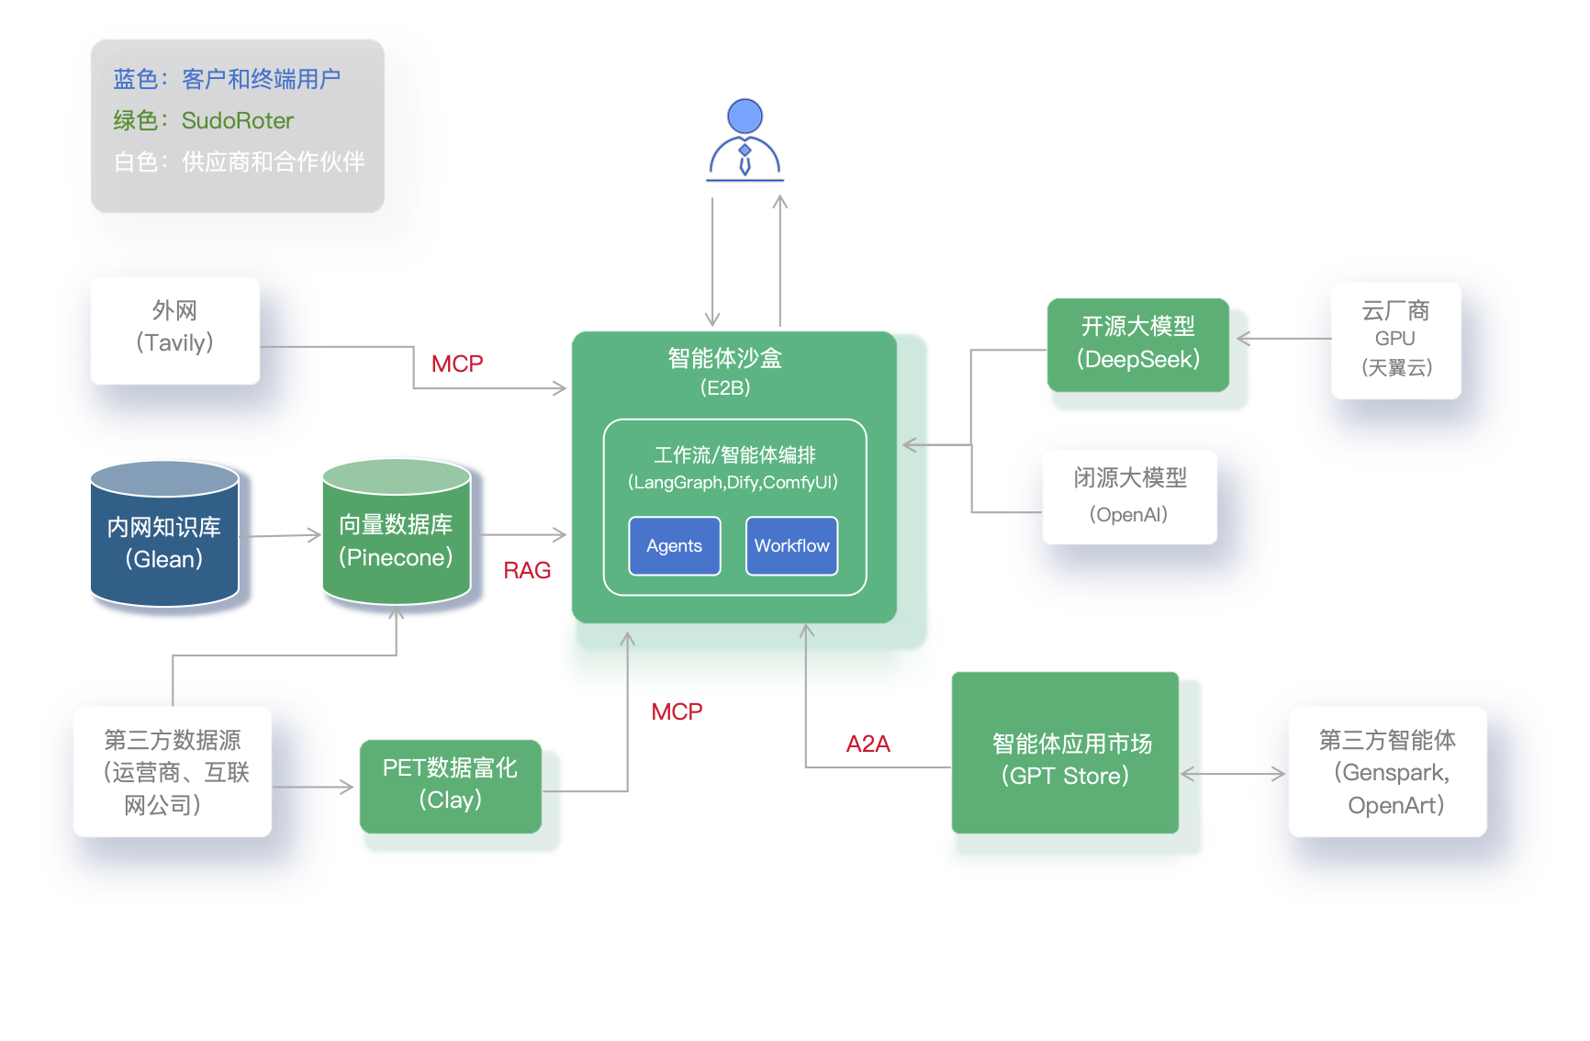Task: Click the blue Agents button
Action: click(x=674, y=546)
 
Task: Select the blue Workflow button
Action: click(x=791, y=546)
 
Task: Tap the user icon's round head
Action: click(x=745, y=117)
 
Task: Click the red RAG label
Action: click(x=527, y=571)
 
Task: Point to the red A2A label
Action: click(x=868, y=744)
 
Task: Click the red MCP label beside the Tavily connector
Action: click(x=457, y=364)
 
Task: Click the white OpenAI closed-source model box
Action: click(x=1129, y=497)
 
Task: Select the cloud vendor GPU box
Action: click(x=1395, y=341)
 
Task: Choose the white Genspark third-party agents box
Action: click(x=1387, y=772)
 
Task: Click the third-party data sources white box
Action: click(x=173, y=772)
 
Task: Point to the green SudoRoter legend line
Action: click(x=204, y=120)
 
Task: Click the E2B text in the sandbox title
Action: click(x=725, y=388)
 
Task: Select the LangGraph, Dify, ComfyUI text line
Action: click(x=733, y=483)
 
